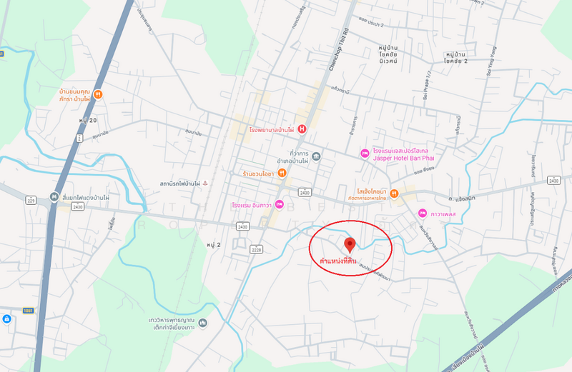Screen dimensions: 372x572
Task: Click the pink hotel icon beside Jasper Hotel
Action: tap(364, 153)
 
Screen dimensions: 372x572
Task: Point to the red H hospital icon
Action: tap(302, 129)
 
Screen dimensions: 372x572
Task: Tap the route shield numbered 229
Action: tap(31, 201)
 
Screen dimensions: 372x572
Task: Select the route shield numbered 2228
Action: tap(256, 248)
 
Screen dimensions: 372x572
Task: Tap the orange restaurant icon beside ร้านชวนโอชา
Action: tap(282, 172)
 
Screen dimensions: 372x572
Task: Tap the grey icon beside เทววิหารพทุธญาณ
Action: tap(203, 325)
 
